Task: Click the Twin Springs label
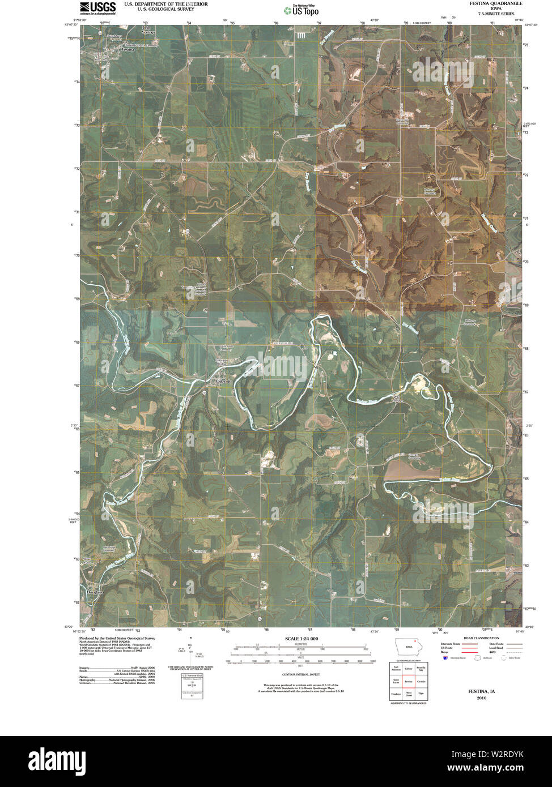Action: [148, 31]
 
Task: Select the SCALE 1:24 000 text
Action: [302, 639]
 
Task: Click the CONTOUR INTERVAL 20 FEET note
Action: [301, 674]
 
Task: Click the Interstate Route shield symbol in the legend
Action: [445, 658]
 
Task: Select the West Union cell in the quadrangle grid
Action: [408, 694]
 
